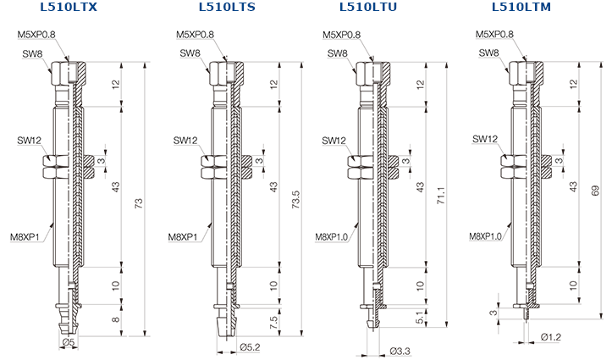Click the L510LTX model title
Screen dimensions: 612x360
tap(69, 7)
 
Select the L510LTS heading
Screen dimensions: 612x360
tap(227, 7)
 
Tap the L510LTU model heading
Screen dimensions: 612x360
tap(368, 7)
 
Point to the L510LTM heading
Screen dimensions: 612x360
tap(521, 7)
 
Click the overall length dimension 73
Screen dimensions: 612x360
tap(139, 203)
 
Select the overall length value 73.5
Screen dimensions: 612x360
tap(295, 200)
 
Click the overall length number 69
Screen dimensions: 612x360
tap(595, 191)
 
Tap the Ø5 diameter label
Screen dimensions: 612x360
tap(69, 342)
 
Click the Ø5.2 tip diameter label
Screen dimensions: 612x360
tap(250, 346)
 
